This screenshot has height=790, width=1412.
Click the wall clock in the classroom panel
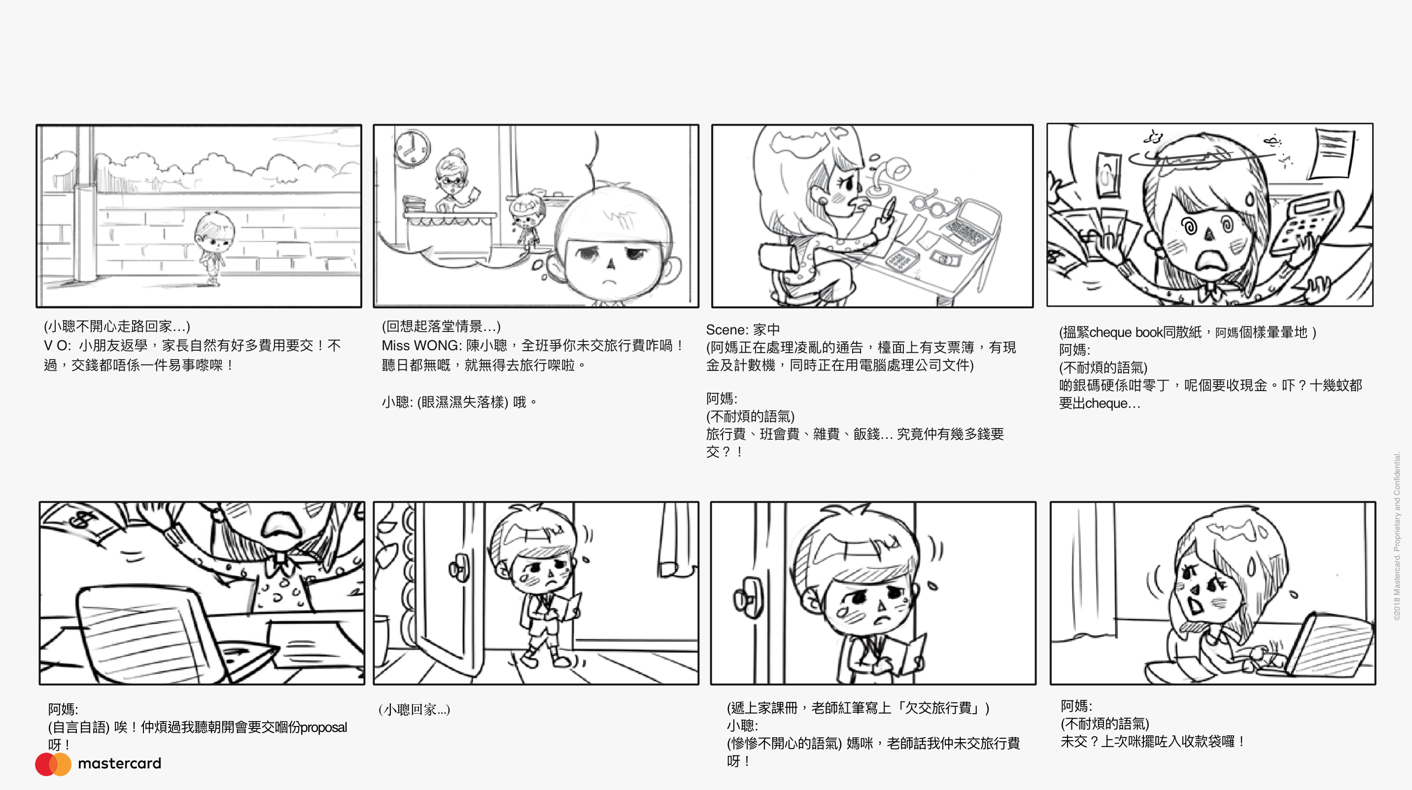click(412, 147)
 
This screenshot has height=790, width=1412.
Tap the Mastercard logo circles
click(53, 764)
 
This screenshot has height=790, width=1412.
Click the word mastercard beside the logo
click(119, 763)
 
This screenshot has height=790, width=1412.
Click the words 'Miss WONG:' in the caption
click(421, 346)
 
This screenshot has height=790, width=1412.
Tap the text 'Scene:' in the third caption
click(727, 330)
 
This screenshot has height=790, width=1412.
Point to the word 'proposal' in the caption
click(323, 727)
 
